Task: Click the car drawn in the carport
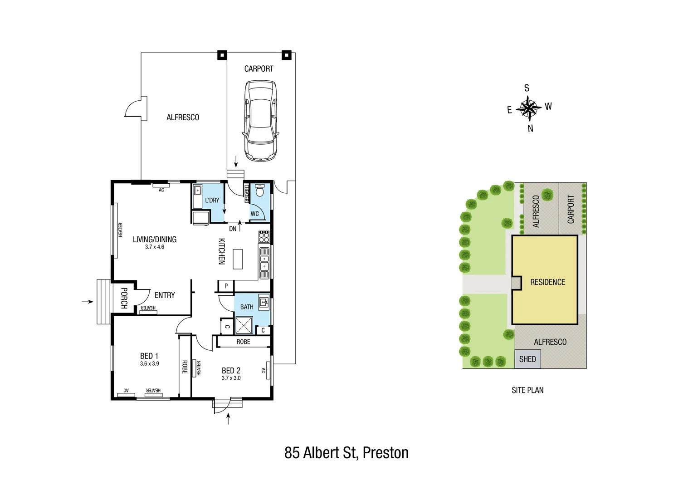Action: pyautogui.click(x=260, y=121)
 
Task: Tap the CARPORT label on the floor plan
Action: pyautogui.click(x=259, y=69)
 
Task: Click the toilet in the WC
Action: pyautogui.click(x=260, y=191)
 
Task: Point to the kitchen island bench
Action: pyautogui.click(x=237, y=259)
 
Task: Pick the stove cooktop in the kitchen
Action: pyautogui.click(x=264, y=237)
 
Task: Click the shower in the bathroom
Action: pyautogui.click(x=244, y=325)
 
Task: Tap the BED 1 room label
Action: pyautogui.click(x=149, y=356)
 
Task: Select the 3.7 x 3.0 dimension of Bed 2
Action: pyautogui.click(x=231, y=378)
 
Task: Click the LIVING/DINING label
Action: pyautogui.click(x=154, y=240)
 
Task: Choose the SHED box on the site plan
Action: pyautogui.click(x=527, y=359)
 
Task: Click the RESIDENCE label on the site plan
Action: pyautogui.click(x=547, y=282)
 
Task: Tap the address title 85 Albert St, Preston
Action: pyautogui.click(x=346, y=453)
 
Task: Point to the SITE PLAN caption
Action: pyautogui.click(x=527, y=390)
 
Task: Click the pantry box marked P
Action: pyautogui.click(x=226, y=286)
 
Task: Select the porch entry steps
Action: pyautogui.click(x=103, y=302)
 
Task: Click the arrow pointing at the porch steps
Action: pyautogui.click(x=88, y=302)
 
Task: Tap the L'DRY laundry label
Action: pyautogui.click(x=212, y=200)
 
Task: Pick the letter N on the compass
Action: pyautogui.click(x=530, y=129)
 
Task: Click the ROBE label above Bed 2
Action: pyautogui.click(x=243, y=342)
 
